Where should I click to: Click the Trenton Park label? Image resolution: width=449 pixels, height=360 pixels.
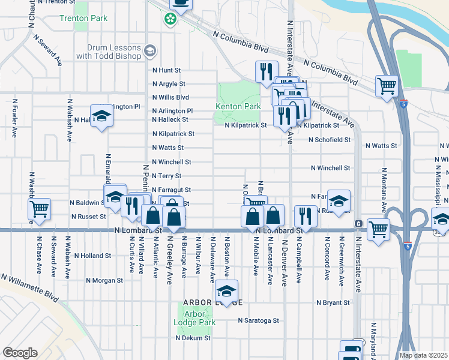point(83,18)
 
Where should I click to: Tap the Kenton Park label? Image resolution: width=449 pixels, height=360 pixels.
point(238,106)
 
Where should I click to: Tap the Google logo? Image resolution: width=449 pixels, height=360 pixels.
point(19,353)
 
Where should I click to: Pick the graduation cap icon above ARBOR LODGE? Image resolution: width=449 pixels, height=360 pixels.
point(226,291)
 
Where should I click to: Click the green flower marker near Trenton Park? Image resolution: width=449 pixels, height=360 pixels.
point(170,19)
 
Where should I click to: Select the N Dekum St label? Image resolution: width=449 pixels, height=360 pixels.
point(193,338)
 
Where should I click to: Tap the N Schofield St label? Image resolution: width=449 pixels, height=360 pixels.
point(329,139)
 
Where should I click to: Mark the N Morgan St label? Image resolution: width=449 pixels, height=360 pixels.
point(104,280)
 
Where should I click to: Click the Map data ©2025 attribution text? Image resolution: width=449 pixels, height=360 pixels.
point(424,355)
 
